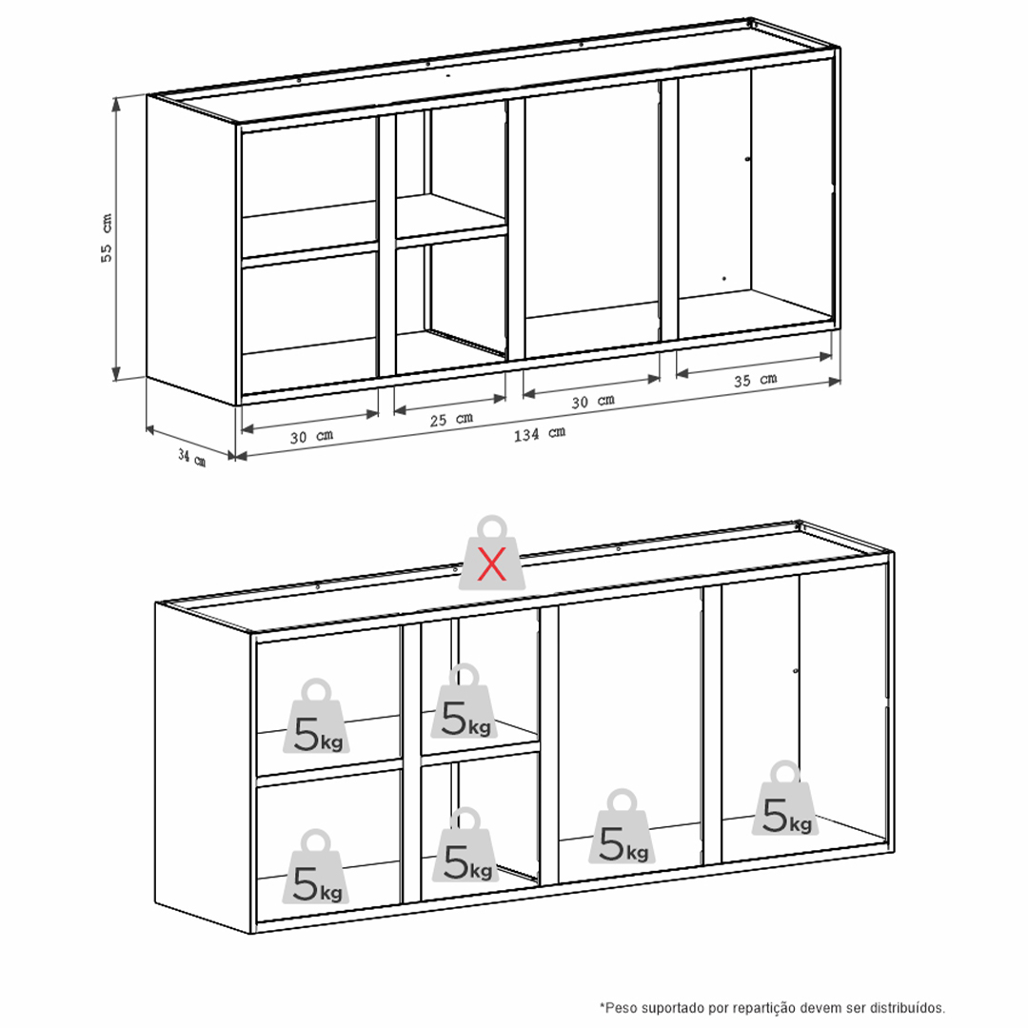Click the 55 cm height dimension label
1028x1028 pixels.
click(x=107, y=238)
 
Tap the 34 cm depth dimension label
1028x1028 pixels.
click(x=191, y=458)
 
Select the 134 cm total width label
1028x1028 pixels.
click(x=540, y=434)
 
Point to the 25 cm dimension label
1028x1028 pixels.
click(x=451, y=419)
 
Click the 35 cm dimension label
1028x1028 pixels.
click(x=755, y=380)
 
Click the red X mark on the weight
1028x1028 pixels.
click(x=492, y=564)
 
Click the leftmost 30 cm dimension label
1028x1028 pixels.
click(x=311, y=436)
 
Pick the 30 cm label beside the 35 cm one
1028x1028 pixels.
click(x=593, y=401)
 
